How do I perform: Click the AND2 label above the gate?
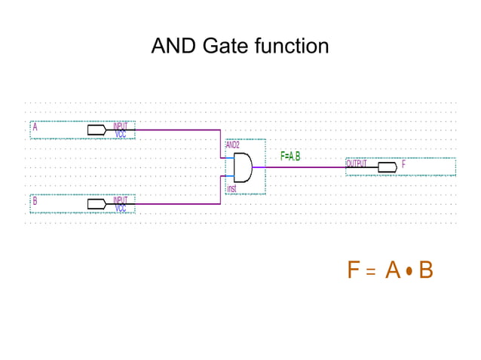pos(233,144)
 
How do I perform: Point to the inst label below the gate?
pos(232,188)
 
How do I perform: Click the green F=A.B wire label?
pos(290,157)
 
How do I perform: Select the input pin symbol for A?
pos(97,130)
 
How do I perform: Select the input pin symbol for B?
pos(97,203)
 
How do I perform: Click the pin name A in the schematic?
pos(35,127)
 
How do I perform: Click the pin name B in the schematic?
pos(35,201)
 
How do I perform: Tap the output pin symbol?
pos(388,166)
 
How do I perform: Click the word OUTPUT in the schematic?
pos(357,163)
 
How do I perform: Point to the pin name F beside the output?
pos(404,163)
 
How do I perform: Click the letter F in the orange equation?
pos(353,270)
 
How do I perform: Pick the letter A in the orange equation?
pos(392,270)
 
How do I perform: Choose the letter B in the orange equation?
pos(425,270)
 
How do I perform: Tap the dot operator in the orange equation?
pos(409,270)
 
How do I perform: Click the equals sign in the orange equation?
pos(370,271)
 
